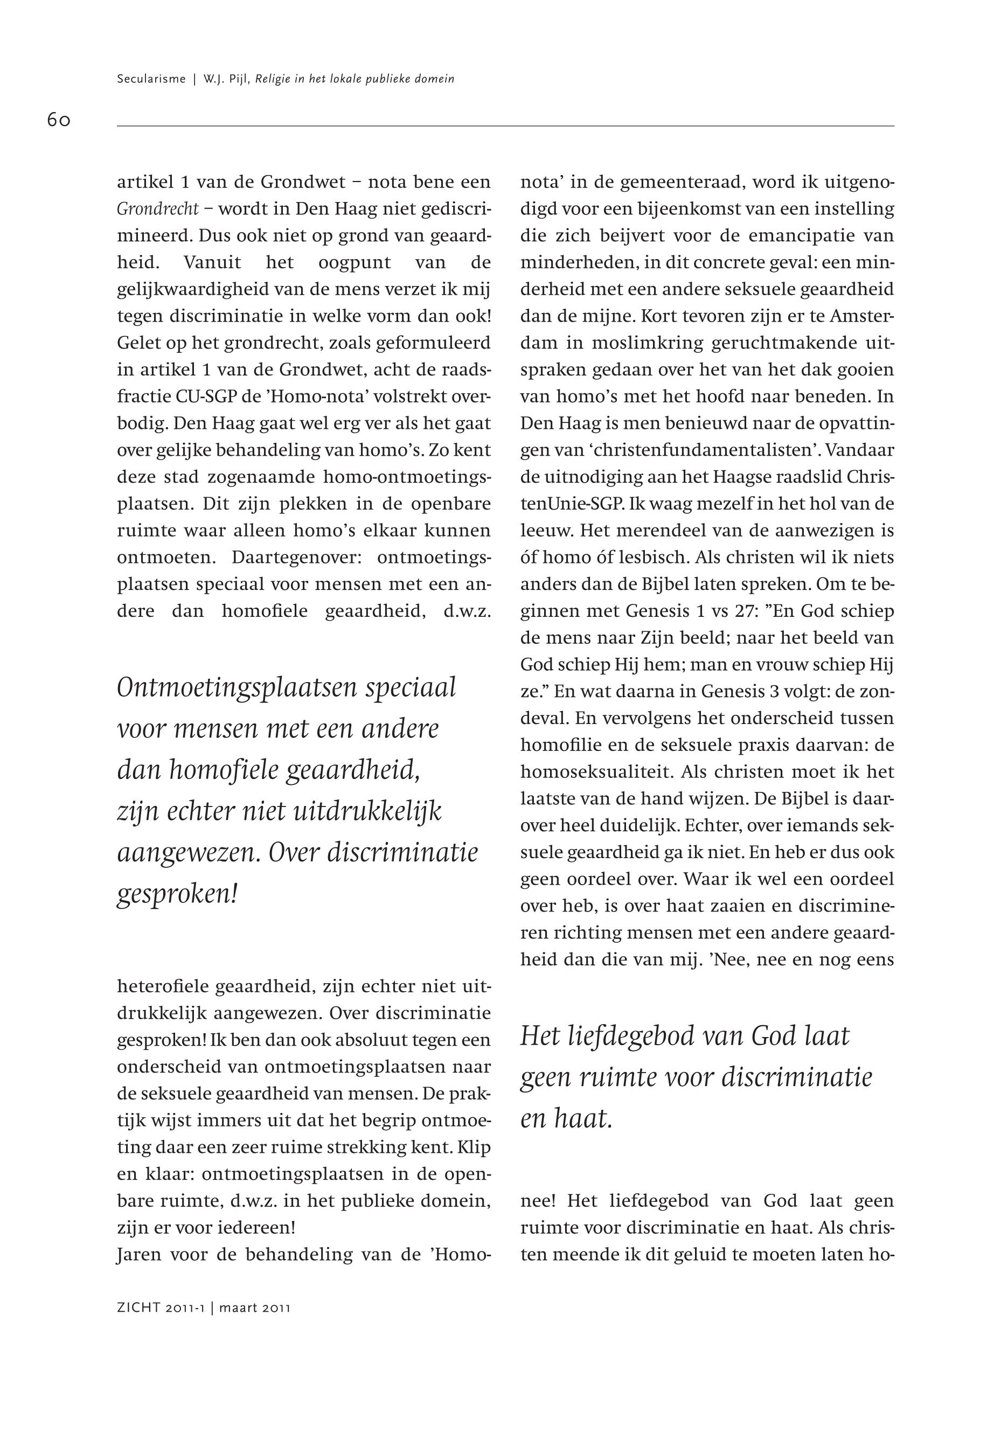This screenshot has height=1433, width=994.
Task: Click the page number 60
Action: tap(59, 120)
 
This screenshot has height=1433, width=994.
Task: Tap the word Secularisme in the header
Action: tap(151, 79)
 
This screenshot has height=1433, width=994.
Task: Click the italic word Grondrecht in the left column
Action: tap(157, 209)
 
